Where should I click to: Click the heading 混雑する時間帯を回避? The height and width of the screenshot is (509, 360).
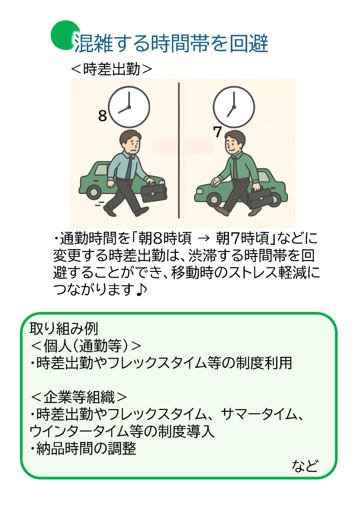(x=171, y=44)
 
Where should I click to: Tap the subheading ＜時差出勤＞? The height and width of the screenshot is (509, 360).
(x=112, y=69)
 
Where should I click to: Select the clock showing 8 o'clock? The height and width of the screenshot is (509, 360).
(x=130, y=107)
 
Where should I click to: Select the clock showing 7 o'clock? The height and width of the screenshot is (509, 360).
(x=233, y=107)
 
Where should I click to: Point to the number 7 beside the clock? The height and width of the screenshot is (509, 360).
(x=217, y=132)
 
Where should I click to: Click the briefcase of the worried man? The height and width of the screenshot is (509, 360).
(x=154, y=192)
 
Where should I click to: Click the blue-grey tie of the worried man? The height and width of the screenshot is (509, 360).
(x=129, y=168)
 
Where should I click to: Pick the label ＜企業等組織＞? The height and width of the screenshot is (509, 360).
(x=79, y=397)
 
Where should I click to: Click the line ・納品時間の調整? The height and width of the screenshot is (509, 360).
(x=84, y=448)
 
